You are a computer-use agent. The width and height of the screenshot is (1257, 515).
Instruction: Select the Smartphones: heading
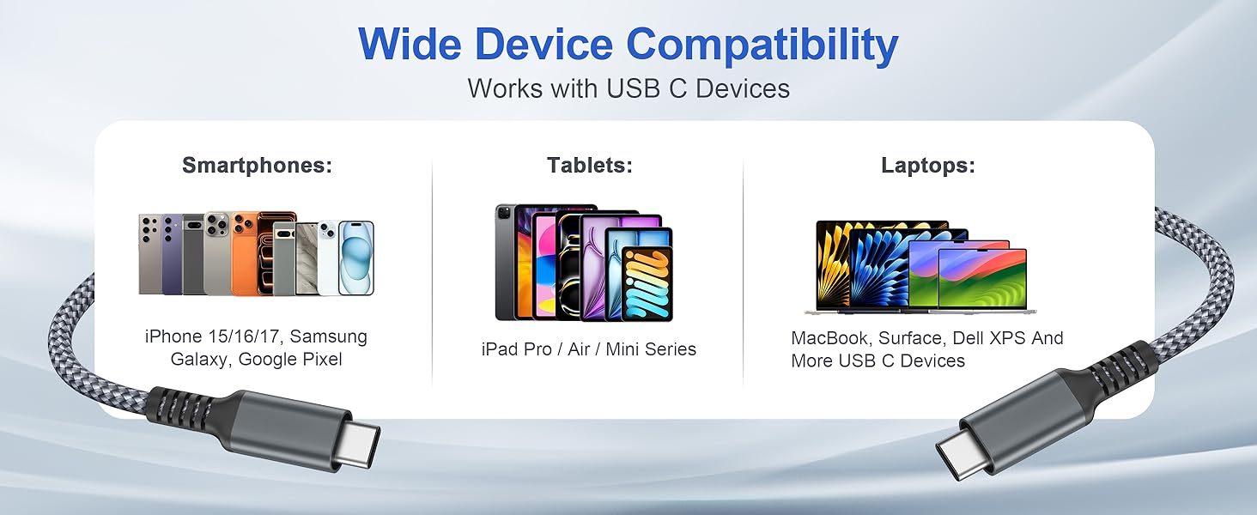(257, 166)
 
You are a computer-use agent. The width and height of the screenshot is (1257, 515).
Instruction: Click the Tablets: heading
(589, 166)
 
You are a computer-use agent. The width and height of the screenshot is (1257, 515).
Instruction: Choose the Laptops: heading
(928, 166)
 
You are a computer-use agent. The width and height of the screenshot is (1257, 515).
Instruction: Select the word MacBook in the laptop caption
(829, 338)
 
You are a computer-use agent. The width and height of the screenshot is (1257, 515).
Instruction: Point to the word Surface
(911, 338)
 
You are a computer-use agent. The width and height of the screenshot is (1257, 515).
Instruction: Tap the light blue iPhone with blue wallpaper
(355, 257)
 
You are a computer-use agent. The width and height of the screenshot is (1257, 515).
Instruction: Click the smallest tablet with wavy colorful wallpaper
(647, 284)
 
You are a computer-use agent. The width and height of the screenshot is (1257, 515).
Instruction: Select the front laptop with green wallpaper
(981, 279)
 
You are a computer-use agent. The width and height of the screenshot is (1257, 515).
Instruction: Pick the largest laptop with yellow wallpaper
(846, 262)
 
